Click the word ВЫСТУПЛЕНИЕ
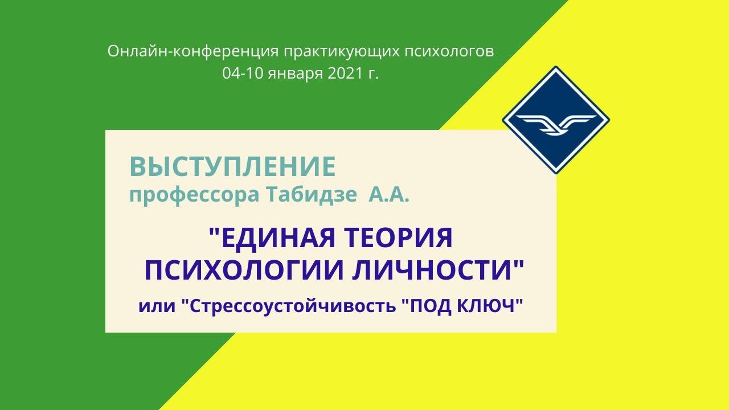[x=232, y=167]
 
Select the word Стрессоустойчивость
[x=291, y=306]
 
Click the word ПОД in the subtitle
[x=428, y=306]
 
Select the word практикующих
[x=340, y=51]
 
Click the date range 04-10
[x=242, y=73]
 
